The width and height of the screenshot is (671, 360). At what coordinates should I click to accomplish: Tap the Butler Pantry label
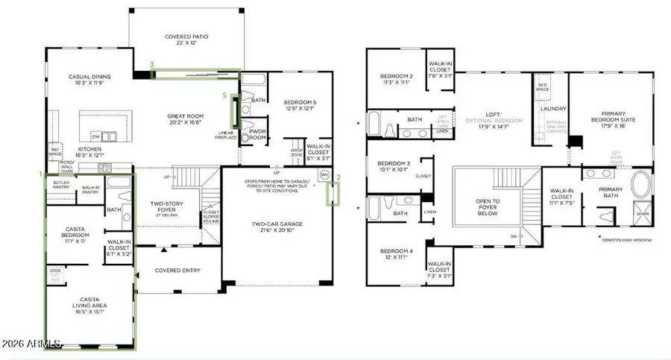click(x=61, y=186)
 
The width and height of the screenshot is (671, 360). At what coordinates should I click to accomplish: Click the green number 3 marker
click(x=152, y=66)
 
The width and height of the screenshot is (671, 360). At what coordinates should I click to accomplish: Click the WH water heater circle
click(x=324, y=176)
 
